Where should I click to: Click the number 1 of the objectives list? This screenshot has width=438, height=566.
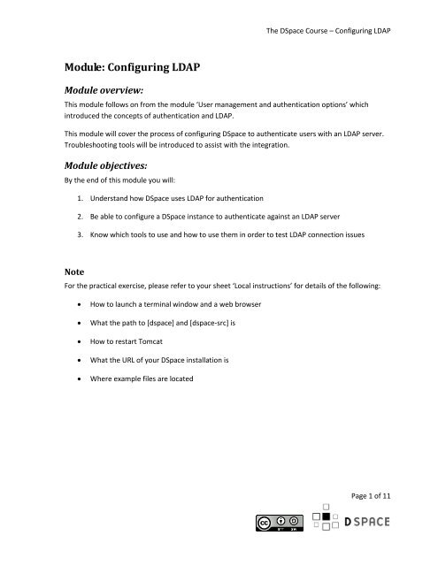(77, 214)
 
